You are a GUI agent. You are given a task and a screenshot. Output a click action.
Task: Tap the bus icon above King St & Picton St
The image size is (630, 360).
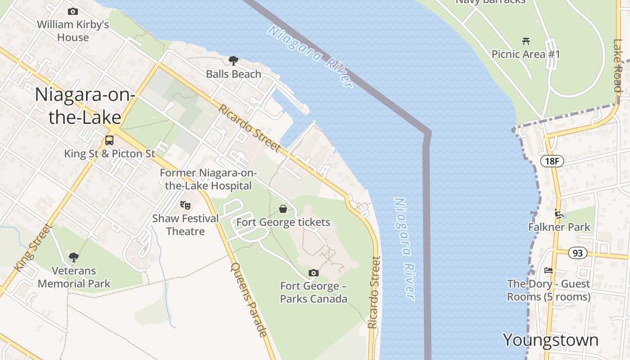pos(109,140)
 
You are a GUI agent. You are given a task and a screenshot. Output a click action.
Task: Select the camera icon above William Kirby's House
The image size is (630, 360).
pos(72,11)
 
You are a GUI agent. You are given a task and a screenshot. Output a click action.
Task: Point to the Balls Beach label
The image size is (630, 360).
pos(234,74)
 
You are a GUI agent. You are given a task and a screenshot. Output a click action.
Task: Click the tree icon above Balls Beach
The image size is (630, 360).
pos(234,60)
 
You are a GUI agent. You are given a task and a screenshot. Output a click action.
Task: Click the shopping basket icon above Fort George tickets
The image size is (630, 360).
pos(283,209)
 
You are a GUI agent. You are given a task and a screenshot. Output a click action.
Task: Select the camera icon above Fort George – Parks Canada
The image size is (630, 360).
pos(314,273)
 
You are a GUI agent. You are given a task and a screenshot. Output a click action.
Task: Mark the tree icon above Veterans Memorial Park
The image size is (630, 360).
pos(74,257)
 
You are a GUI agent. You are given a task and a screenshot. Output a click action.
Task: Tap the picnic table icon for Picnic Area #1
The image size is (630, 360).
pos(526,41)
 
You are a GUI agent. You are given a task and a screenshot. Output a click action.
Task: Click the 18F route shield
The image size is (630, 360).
pos(552,161)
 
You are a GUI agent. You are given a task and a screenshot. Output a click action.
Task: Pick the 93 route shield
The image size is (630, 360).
pos(578,253)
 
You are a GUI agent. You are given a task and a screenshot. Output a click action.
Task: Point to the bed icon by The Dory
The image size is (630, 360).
pos(548,270)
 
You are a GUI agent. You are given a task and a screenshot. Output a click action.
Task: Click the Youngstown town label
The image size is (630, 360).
pos(550,340)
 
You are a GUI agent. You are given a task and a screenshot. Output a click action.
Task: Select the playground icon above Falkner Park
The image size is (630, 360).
pos(559,213)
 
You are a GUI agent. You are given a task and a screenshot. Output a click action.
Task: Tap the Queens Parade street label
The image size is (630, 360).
pos(249,300)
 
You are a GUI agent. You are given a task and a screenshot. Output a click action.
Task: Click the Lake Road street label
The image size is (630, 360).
pos(617,65)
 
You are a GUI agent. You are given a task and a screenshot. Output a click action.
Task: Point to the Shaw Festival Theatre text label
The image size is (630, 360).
pos(185,225)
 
